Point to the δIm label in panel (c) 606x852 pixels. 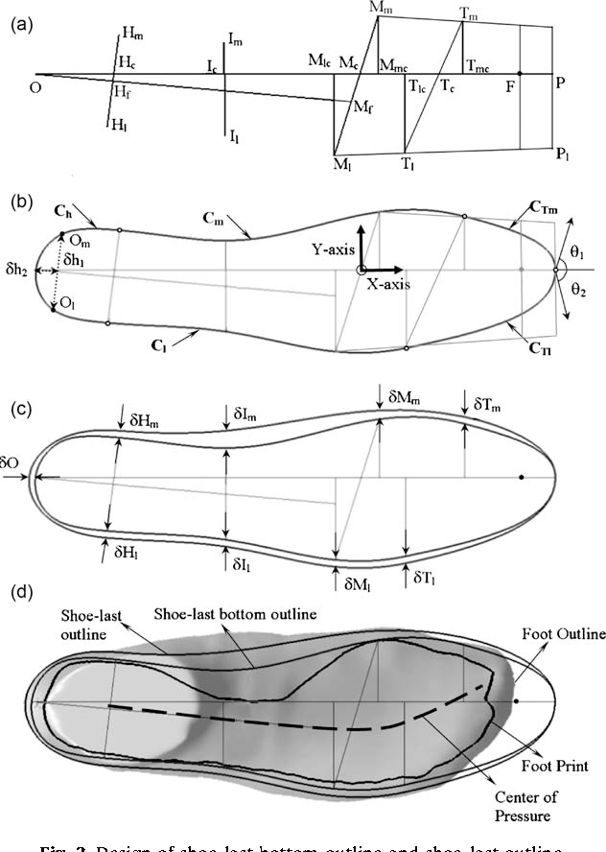tap(244, 414)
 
